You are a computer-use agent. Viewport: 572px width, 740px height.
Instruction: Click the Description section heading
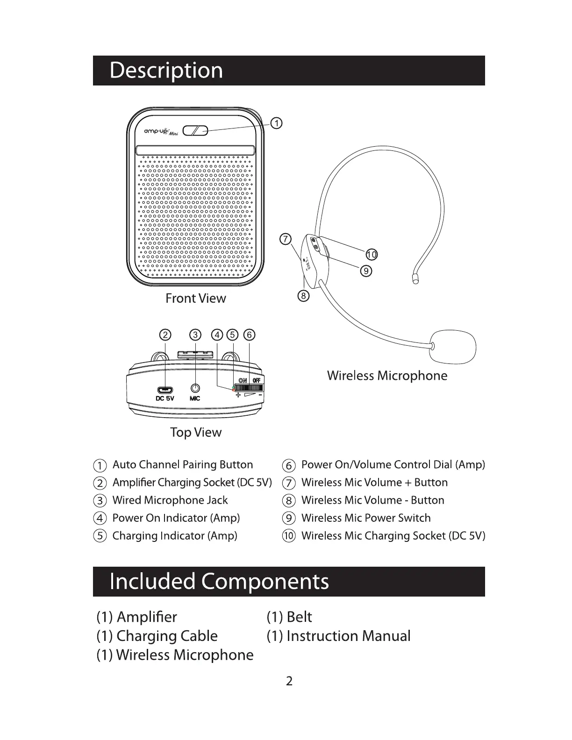point(166,71)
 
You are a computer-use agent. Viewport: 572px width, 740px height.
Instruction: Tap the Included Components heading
point(219,582)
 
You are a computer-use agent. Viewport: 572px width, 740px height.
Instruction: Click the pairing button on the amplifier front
point(195,130)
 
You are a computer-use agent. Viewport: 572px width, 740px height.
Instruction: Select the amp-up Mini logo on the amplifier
point(157,132)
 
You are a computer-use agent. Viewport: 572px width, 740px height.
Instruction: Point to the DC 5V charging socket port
point(164,390)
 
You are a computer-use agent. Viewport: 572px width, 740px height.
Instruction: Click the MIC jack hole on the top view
point(195,388)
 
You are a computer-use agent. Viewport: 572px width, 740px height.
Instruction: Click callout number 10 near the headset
point(372,255)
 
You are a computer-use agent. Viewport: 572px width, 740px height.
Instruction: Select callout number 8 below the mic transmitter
point(303,296)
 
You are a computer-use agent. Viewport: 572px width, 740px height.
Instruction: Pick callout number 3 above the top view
point(195,335)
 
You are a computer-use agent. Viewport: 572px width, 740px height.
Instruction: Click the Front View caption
point(195,299)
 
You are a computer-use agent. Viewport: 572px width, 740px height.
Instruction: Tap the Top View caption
point(195,433)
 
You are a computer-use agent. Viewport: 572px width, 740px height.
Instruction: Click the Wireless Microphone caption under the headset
point(387,376)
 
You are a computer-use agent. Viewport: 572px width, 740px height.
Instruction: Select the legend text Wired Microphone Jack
point(170,500)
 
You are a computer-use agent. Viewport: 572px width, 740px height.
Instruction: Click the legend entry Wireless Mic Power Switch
point(366,518)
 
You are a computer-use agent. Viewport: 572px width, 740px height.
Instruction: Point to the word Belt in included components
point(299,617)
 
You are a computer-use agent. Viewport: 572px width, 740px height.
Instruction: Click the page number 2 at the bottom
point(289,681)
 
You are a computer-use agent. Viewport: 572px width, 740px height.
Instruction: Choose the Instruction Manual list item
point(348,636)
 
